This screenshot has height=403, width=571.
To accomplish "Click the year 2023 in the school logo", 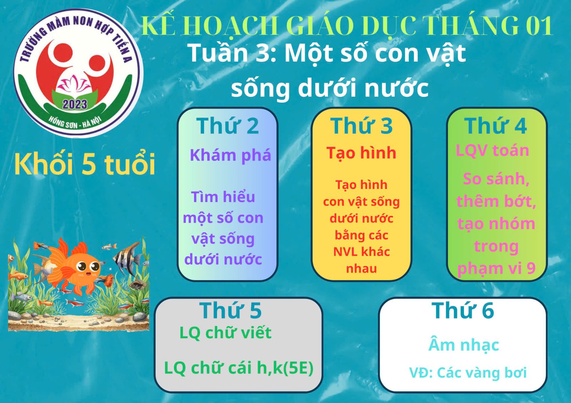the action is pos(75,104).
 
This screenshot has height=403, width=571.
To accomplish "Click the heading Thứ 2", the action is pos(227,126).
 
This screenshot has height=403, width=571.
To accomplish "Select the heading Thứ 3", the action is pos(362,126).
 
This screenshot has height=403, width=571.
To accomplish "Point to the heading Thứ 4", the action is pos(496,126).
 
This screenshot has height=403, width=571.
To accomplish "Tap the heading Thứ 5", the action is pos(231,310).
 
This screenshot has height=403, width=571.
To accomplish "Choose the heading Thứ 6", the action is pos(463,310).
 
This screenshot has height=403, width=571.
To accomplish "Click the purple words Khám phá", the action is pos(231,155).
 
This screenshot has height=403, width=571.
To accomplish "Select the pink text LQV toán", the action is pos(492,151).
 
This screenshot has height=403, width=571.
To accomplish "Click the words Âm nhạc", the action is pos(464,345).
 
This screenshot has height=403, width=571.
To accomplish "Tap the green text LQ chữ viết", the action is pos(226,333).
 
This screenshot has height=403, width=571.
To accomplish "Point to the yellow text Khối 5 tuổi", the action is pos(85,164).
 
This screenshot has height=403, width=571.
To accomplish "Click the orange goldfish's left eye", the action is pos(82,267).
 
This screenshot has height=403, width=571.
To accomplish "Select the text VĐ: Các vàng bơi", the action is pos(468,373).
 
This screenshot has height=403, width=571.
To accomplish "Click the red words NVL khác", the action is pos(362,252).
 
